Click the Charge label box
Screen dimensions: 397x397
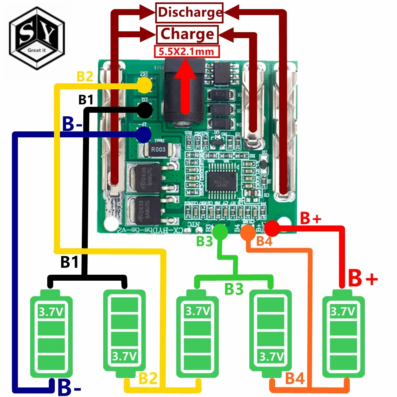tap(187, 34)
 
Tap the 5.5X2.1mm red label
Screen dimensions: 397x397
tap(186, 51)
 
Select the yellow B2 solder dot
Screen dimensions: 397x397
tap(145, 84)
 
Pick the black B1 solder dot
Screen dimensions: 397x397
tap(145, 110)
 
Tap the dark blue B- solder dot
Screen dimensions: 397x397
tap(143, 135)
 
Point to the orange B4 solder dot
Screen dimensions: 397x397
tap(247, 231)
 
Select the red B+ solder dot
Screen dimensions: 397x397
tap(272, 228)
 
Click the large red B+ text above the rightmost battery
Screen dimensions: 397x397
tap(362, 278)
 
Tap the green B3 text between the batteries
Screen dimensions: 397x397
tap(234, 289)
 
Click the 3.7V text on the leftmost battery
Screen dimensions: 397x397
tap(50, 312)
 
